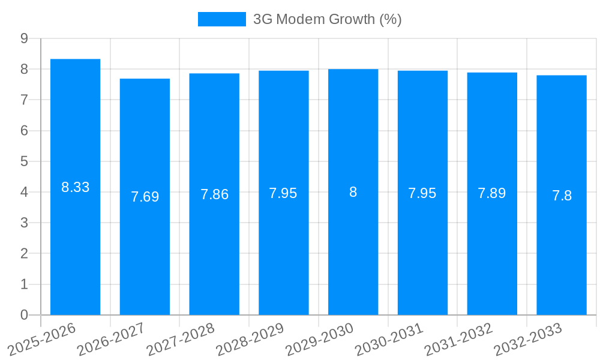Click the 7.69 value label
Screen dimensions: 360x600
145,197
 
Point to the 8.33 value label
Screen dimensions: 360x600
75,187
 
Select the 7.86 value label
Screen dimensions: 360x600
214,194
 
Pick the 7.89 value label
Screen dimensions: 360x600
492,193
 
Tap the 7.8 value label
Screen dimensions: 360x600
562,196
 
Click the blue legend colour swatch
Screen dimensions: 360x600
221,19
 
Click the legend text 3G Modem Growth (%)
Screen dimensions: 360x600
327,19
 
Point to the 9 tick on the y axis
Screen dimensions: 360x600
24,38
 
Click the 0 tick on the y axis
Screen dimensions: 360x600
24,315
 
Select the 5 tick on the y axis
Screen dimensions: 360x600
24,161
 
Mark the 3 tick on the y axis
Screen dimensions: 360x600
24,223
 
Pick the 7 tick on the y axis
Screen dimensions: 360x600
24,100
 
